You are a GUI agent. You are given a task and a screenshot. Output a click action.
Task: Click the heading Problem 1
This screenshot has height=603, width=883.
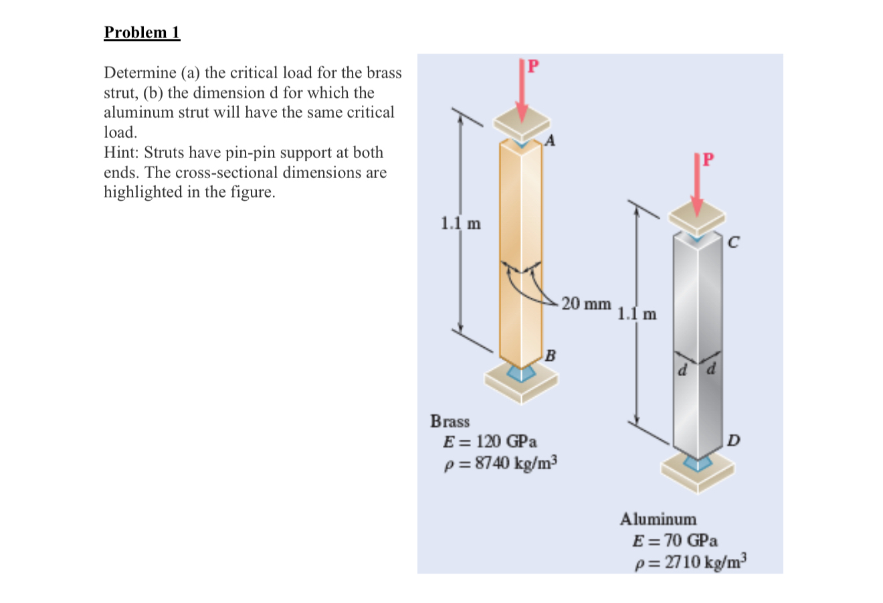[142, 33]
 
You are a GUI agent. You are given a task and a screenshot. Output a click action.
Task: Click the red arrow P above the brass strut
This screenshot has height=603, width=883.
[522, 90]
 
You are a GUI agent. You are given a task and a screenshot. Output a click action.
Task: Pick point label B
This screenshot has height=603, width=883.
[550, 355]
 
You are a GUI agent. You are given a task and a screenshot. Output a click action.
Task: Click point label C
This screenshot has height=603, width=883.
[733, 244]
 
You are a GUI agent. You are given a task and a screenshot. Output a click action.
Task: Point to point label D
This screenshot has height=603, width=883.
[733, 440]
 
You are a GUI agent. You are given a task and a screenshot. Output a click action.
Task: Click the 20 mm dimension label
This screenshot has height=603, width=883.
[586, 304]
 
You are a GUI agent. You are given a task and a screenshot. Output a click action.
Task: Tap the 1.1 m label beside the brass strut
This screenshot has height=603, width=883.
[460, 224]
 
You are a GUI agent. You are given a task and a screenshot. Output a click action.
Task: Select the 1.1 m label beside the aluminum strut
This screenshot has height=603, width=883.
[637, 313]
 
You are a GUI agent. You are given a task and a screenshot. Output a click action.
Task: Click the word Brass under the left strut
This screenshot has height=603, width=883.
[450, 422]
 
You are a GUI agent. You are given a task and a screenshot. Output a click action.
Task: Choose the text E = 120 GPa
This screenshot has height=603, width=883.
[490, 442]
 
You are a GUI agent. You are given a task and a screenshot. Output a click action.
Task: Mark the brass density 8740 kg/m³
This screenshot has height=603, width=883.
[501, 463]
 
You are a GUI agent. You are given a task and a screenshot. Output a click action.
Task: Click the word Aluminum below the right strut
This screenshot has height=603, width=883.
[658, 519]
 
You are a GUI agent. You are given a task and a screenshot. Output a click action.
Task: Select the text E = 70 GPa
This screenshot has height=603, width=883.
[676, 540]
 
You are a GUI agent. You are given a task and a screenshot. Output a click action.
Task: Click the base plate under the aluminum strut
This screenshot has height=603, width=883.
[696, 472]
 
